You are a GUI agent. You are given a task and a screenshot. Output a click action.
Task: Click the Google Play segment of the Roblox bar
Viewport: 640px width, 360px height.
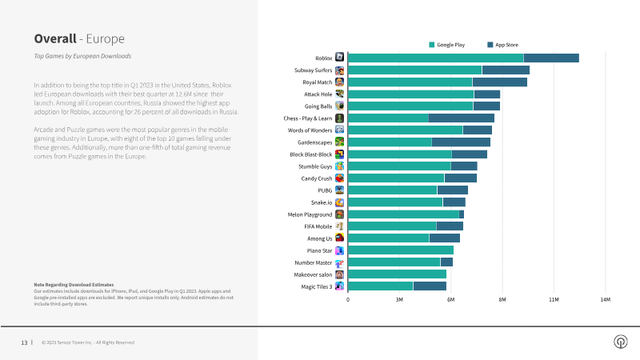click(436, 58)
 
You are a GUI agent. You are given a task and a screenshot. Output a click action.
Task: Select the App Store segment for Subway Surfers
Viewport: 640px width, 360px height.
click(506, 70)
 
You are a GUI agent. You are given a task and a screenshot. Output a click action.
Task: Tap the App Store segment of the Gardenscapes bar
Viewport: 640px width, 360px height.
click(461, 142)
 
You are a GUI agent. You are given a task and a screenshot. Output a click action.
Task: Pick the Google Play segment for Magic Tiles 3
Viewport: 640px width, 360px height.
click(381, 286)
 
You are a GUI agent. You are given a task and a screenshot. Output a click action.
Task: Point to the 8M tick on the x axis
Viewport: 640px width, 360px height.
click(502, 300)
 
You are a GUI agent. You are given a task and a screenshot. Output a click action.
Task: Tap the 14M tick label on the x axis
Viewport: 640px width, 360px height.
click(605, 300)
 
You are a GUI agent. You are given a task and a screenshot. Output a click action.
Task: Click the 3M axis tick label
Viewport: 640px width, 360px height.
click(399, 300)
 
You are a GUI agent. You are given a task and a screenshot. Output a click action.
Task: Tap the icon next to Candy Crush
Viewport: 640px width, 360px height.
click(340, 178)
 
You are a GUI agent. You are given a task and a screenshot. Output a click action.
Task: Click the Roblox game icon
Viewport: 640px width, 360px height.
click(340, 58)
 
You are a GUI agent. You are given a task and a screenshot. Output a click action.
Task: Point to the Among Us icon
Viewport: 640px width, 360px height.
click(340, 238)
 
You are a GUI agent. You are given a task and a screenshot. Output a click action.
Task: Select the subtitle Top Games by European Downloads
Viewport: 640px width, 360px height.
click(82, 56)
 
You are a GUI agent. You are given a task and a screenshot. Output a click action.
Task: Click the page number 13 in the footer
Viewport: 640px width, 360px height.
click(24, 342)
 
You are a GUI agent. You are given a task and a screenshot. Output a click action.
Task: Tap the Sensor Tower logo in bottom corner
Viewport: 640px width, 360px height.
click(620, 342)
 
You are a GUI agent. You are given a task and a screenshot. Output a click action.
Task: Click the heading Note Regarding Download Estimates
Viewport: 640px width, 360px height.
click(74, 285)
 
